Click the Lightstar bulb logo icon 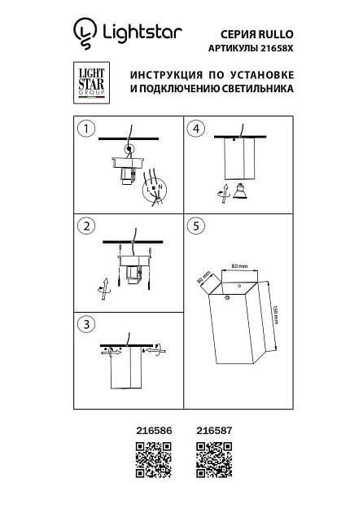click(83, 33)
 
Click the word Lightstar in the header click(139, 33)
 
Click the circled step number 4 click(195, 128)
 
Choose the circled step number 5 click(195, 225)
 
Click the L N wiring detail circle click(154, 191)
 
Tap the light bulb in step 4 click(239, 193)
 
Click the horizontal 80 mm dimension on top click(238, 266)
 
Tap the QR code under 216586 click(152, 459)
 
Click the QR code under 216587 click(215, 459)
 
